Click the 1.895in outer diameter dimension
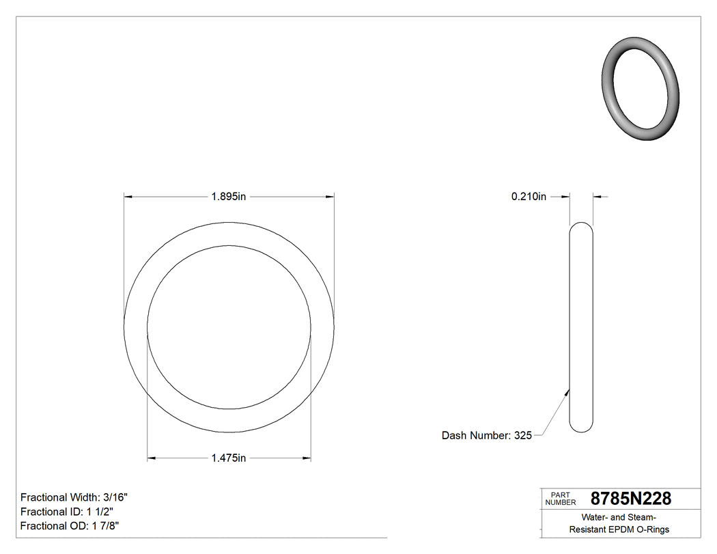[x=228, y=197]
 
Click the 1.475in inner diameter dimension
[x=228, y=458]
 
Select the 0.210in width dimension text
[x=529, y=197]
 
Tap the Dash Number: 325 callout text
[x=486, y=435]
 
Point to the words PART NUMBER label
[x=561, y=499]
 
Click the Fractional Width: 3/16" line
[x=74, y=497]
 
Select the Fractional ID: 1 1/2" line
[x=67, y=512]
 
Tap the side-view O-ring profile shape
[x=581, y=327]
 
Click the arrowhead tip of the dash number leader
[x=568, y=390]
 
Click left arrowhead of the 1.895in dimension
[x=128, y=197]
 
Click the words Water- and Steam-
[x=619, y=517]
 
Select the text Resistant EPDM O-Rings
[x=619, y=529]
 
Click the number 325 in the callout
[x=522, y=435]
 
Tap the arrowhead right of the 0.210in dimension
[x=597, y=197]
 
